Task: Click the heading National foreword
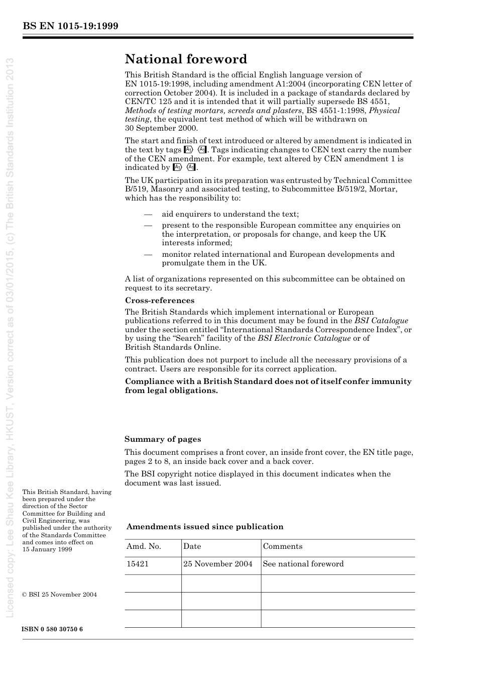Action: coord(186,59)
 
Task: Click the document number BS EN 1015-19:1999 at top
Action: coord(70,26)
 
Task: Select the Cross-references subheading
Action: coord(159,301)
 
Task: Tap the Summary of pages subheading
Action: coord(163,439)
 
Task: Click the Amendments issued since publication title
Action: coord(204,527)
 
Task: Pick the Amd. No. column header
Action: coord(144,546)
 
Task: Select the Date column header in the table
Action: coord(192,546)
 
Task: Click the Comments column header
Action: coord(283,546)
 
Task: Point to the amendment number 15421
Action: coord(138,564)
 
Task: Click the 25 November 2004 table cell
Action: coord(217,564)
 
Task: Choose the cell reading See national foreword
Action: coord(303,564)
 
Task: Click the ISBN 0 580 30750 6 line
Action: coord(53,629)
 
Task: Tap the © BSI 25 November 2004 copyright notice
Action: coord(60,595)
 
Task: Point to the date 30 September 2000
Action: coord(161,128)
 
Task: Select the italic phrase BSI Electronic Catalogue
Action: coord(304,338)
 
